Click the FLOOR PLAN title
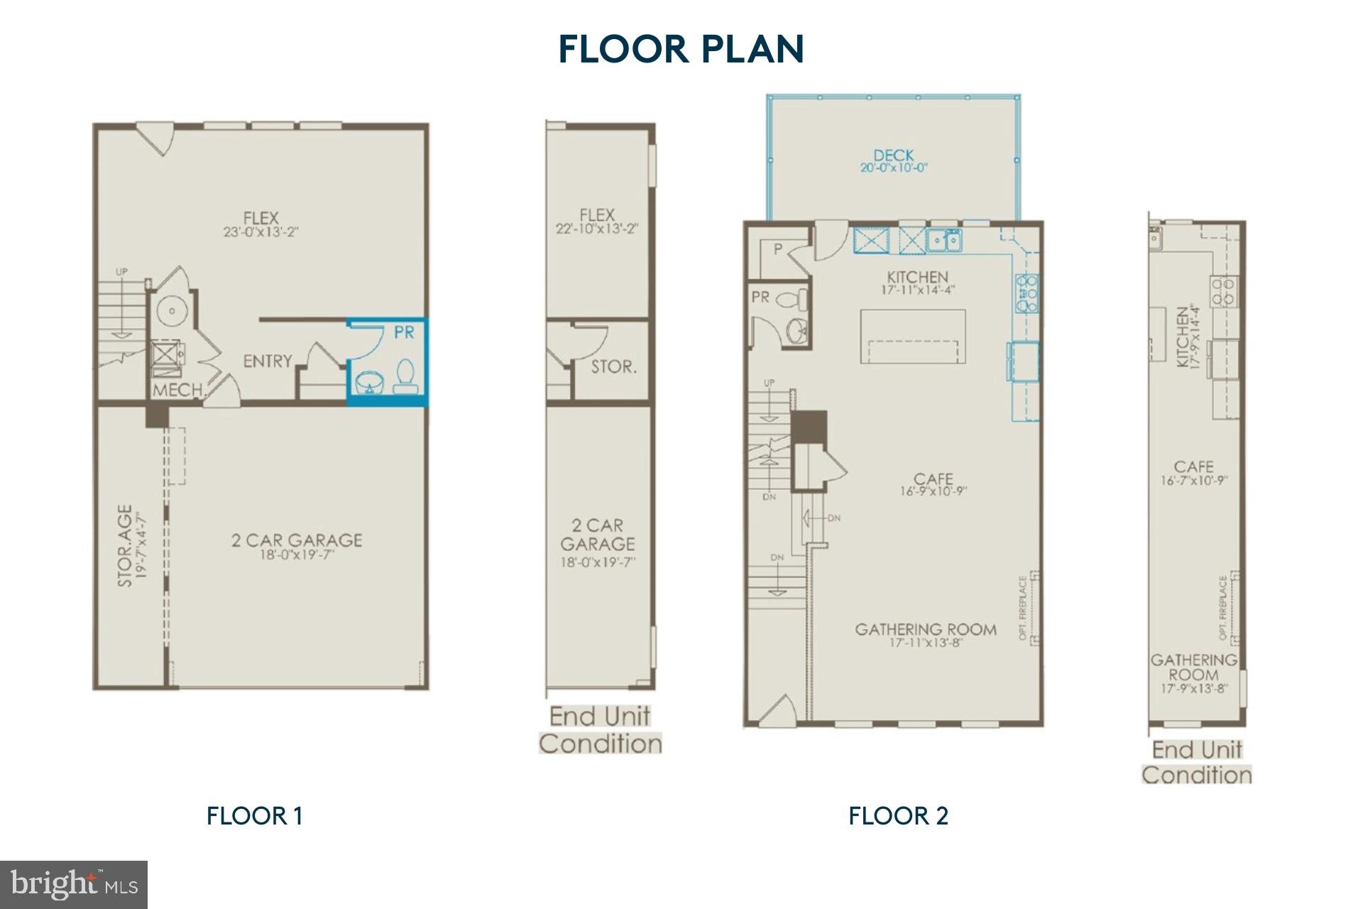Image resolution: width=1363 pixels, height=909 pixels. pos(681,48)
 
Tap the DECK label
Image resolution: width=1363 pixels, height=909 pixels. pos(893,155)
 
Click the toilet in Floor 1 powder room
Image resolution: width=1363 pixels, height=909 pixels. pos(404,376)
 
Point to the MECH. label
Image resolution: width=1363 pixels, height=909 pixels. pos(178,390)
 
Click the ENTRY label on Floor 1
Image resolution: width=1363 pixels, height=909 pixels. pos(267,361)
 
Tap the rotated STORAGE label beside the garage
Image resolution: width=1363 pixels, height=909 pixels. pos(124,545)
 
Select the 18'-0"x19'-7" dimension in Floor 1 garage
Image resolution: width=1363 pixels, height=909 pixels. pos(297,555)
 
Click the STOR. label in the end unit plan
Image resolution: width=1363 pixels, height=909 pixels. pos(613,367)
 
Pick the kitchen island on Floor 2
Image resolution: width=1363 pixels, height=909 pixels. pos(913,336)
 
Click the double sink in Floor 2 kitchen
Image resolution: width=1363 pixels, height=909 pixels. pos(944,241)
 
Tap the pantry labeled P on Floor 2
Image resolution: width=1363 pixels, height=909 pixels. pos(778,250)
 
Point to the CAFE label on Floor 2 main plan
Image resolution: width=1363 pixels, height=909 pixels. pos(933,479)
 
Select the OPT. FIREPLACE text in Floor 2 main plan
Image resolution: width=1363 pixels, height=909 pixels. pos(1023,608)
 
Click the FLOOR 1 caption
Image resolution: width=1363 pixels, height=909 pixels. pos(254,815)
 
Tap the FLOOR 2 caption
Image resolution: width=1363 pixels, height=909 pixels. pos(898,815)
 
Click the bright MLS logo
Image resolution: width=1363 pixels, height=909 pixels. pos(74,884)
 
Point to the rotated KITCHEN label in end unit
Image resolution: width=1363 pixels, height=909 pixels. pos(1183,337)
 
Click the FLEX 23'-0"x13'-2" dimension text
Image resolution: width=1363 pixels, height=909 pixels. pos(260,232)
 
